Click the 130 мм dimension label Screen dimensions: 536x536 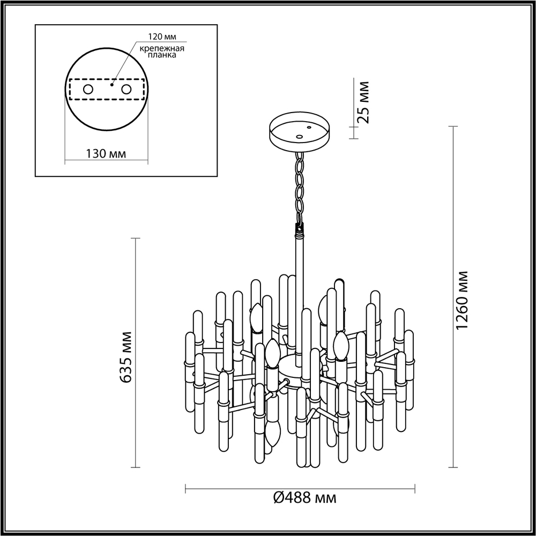(106, 154)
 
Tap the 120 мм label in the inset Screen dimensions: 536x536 (162, 37)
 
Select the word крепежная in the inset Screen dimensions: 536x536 (162, 48)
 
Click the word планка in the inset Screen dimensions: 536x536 (162, 56)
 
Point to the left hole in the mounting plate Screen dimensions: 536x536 (88, 90)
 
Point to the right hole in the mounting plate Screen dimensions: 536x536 (126, 90)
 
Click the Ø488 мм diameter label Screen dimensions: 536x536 (304, 498)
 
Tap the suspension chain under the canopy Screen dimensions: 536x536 (299, 185)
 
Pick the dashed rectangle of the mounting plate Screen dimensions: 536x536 (107, 90)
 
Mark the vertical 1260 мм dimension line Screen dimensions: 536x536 (453, 297)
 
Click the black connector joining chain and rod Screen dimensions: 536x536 (299, 229)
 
